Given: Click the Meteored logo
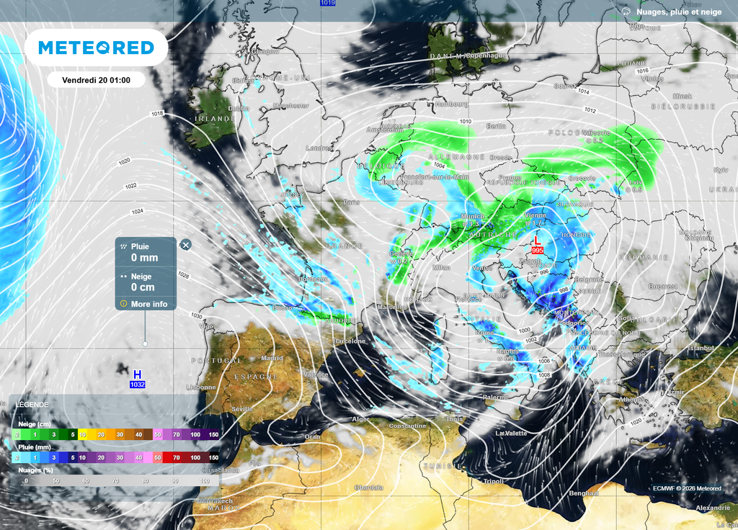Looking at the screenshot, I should pyautogui.click(x=96, y=48).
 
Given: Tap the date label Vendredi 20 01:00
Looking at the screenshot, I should pyautogui.click(x=96, y=80).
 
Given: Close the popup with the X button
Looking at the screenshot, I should pyautogui.click(x=186, y=245).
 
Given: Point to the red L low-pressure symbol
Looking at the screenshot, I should pyautogui.click(x=535, y=241).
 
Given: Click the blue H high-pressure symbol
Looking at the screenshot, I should pyautogui.click(x=137, y=374).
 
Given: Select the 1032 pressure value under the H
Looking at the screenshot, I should pyautogui.click(x=137, y=385).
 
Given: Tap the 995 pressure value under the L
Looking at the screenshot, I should pyautogui.click(x=537, y=250).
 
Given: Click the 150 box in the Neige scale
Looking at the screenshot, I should pyautogui.click(x=213, y=435).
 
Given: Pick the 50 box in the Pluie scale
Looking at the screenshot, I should pyautogui.click(x=157, y=457).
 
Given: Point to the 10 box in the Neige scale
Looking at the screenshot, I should pyautogui.click(x=83, y=435).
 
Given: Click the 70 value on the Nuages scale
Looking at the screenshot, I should pyautogui.click(x=115, y=480).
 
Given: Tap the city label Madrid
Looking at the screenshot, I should pyautogui.click(x=272, y=358).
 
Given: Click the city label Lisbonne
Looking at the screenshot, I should pyautogui.click(x=200, y=387).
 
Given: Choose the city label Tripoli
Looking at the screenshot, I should pyautogui.click(x=494, y=481).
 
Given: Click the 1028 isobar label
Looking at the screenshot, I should pyautogui.click(x=183, y=275).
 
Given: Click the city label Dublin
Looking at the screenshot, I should pyautogui.click(x=239, y=109).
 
